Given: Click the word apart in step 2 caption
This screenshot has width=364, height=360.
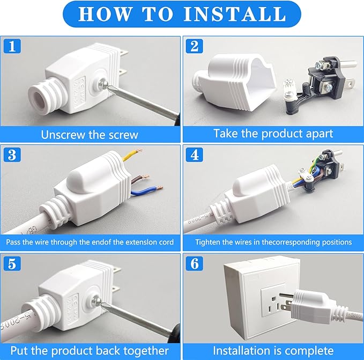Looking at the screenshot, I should tap(317, 134).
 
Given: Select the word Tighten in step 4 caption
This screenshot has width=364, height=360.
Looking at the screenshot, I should tap(209, 242).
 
